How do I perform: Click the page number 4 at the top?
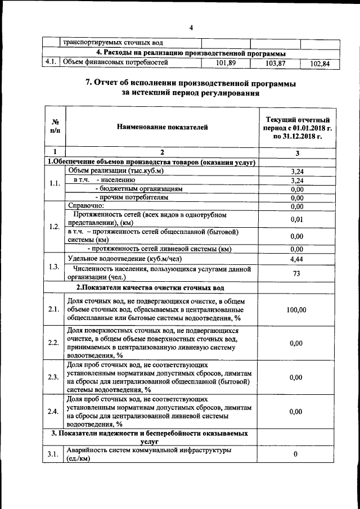click(191, 28)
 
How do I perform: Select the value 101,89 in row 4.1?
click(226, 63)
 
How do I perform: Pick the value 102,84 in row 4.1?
click(318, 64)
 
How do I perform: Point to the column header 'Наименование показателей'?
click(162, 127)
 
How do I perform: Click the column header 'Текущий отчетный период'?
click(297, 128)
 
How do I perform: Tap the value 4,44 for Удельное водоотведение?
click(297, 259)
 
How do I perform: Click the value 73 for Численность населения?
click(297, 273)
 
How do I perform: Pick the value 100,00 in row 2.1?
click(297, 310)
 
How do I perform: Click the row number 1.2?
click(55, 227)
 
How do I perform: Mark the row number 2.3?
click(54, 377)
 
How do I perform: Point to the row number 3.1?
click(54, 454)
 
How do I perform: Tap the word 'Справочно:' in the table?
click(85, 206)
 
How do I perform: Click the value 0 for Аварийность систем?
click(296, 454)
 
